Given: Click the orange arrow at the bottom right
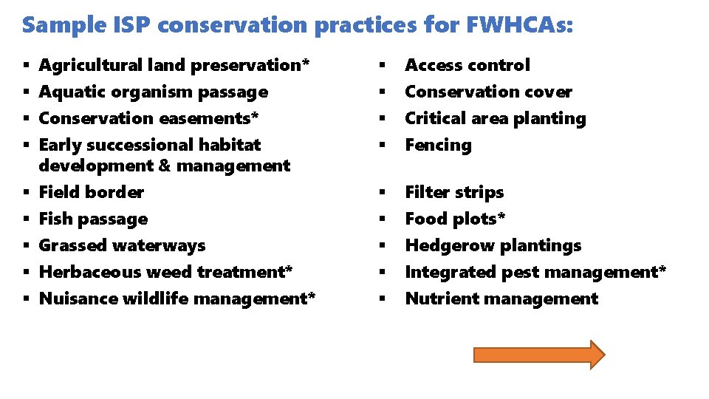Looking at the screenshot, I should [538, 355].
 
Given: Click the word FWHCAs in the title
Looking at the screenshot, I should [518, 25].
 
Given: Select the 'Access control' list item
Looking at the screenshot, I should [467, 65].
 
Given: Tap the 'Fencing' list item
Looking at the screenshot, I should [438, 145].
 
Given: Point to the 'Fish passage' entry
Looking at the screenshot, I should [93, 219].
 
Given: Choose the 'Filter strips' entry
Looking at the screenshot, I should [454, 192].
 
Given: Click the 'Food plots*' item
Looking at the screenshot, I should [455, 219].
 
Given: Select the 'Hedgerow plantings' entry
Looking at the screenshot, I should [493, 245].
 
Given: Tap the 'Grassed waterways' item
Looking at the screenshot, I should [122, 245].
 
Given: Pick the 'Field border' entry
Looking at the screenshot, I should [91, 192].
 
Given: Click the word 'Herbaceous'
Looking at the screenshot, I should [90, 272].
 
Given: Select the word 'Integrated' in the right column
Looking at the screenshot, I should [451, 272].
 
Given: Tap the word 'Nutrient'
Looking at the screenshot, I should [440, 299].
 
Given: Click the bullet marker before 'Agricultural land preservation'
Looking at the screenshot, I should [26, 65].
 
